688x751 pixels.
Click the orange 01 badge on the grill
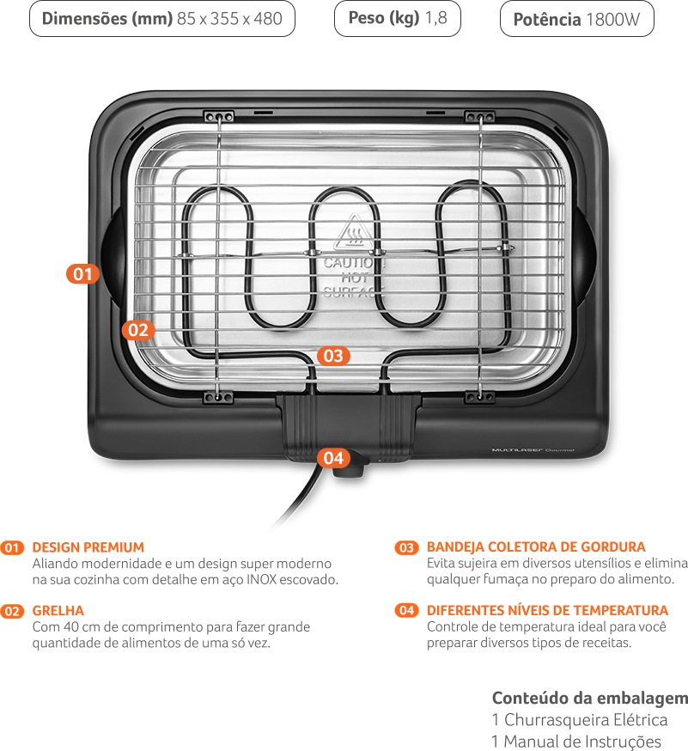[x=82, y=274]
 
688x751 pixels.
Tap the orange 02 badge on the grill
[x=138, y=330]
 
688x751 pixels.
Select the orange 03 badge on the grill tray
[x=333, y=356]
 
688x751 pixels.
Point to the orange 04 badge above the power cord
[x=333, y=458]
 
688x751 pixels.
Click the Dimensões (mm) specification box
[x=162, y=19]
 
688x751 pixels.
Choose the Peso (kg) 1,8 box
[x=398, y=18]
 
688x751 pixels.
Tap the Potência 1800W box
[x=577, y=19]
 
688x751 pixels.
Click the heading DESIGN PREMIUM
[x=88, y=547]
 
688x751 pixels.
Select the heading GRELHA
[x=58, y=611]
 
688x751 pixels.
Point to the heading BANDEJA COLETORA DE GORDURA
[x=536, y=547]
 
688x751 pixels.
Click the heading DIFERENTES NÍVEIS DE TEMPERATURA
[x=547, y=610]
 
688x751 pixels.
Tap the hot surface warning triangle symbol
[x=353, y=231]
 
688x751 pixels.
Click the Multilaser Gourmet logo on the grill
[x=533, y=449]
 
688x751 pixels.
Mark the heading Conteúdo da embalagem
[x=590, y=699]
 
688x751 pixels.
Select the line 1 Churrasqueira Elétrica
[x=579, y=720]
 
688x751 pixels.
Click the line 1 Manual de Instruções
[x=576, y=742]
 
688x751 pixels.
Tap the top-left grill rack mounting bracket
[x=219, y=116]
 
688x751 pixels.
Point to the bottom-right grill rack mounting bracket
[x=480, y=397]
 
